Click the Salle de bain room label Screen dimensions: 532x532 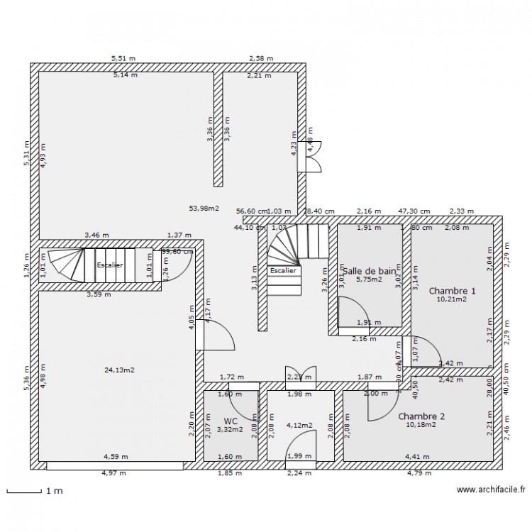pyautogui.click(x=368, y=271)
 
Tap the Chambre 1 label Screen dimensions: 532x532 pyautogui.click(x=452, y=291)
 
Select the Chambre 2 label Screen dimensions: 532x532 pyautogui.click(x=421, y=416)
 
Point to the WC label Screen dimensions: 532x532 pyautogui.click(x=231, y=421)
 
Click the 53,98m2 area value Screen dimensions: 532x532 pyautogui.click(x=204, y=209)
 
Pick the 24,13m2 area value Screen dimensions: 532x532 pyautogui.click(x=119, y=370)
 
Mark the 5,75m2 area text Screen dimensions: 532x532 pyautogui.click(x=368, y=280)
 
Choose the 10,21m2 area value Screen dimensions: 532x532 pyautogui.click(x=452, y=300)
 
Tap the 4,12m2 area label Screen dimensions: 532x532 pyautogui.click(x=299, y=426)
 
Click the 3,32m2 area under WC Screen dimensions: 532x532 pyautogui.click(x=231, y=429)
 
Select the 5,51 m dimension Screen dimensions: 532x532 pyautogui.click(x=123, y=59)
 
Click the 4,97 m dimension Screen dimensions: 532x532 pyautogui.click(x=113, y=473)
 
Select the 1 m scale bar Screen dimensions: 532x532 pyautogui.click(x=24, y=491)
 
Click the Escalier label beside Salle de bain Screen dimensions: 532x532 pyautogui.click(x=284, y=270)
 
